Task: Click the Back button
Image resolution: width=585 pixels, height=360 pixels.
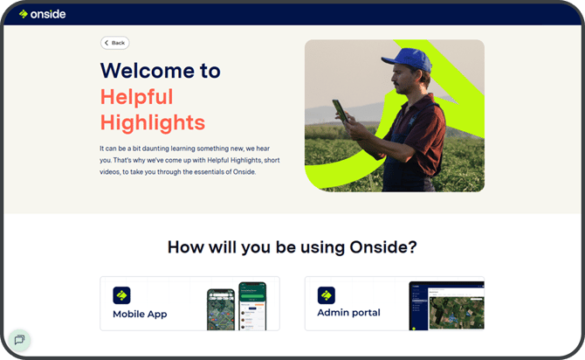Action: (114, 43)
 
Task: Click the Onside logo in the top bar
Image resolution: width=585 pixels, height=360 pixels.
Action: (43, 14)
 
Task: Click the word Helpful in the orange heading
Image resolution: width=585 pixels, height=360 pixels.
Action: (137, 96)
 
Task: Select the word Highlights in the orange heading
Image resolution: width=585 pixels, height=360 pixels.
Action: (153, 121)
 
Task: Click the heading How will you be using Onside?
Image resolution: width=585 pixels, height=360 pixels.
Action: (292, 247)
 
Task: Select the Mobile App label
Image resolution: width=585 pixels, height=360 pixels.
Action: (140, 314)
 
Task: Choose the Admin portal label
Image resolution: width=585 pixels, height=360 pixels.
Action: (348, 313)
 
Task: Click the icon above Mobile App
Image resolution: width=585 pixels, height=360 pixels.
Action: (121, 294)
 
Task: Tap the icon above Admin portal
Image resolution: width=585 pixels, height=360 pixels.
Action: (326, 294)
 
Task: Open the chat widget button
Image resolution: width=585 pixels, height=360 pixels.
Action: (19, 340)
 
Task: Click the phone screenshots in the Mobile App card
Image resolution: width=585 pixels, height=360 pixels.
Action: (236, 306)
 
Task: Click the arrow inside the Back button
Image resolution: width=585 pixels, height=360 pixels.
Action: (107, 43)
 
